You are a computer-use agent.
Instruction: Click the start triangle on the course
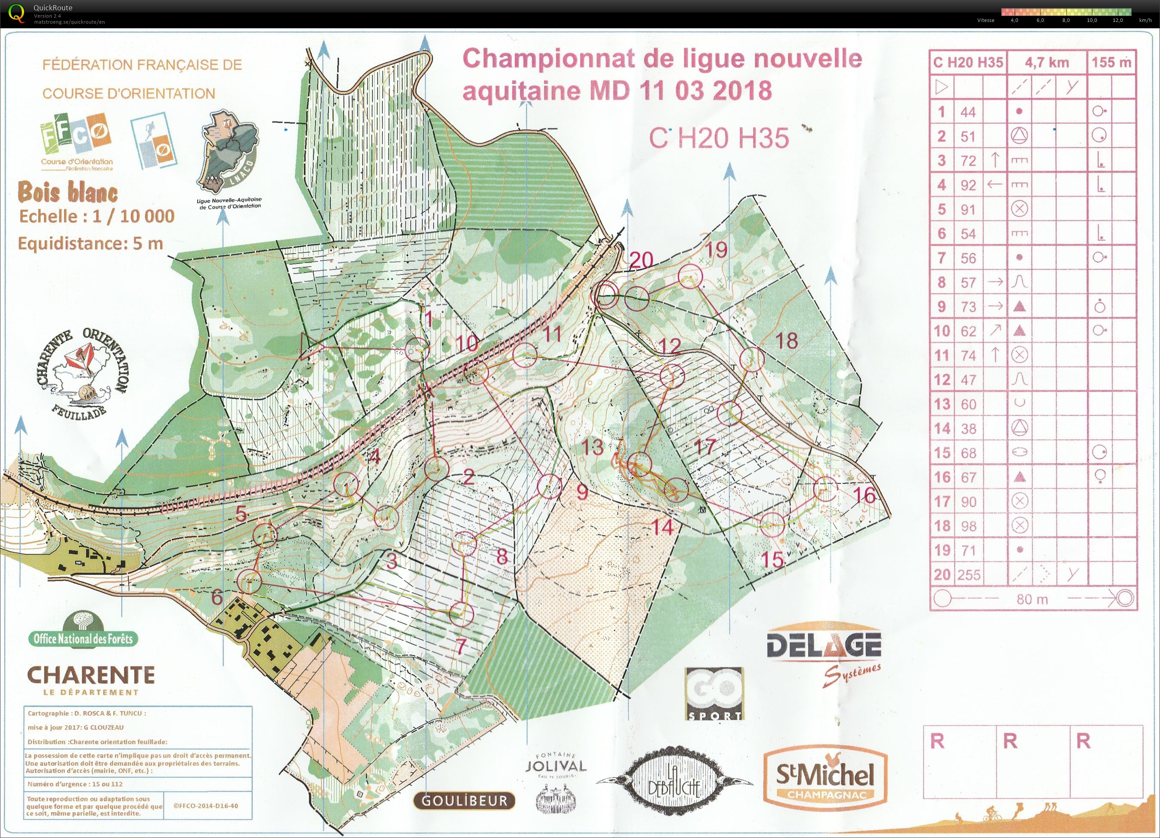click(x=308, y=346)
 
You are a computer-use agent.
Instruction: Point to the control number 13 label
click(x=592, y=447)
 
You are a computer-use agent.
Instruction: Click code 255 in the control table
click(x=968, y=575)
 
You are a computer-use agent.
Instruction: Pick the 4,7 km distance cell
click(x=1047, y=63)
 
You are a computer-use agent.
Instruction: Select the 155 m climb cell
click(x=1111, y=63)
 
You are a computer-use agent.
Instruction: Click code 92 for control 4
click(x=968, y=185)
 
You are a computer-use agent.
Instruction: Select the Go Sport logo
click(x=714, y=693)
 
